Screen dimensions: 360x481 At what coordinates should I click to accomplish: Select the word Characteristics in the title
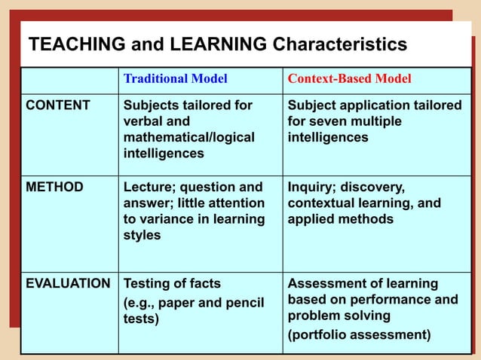click(x=339, y=45)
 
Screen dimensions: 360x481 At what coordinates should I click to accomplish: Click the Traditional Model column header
click(x=175, y=78)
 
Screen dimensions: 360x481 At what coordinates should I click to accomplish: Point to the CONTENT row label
click(x=58, y=105)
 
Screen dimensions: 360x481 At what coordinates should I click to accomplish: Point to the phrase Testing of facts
click(x=172, y=285)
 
